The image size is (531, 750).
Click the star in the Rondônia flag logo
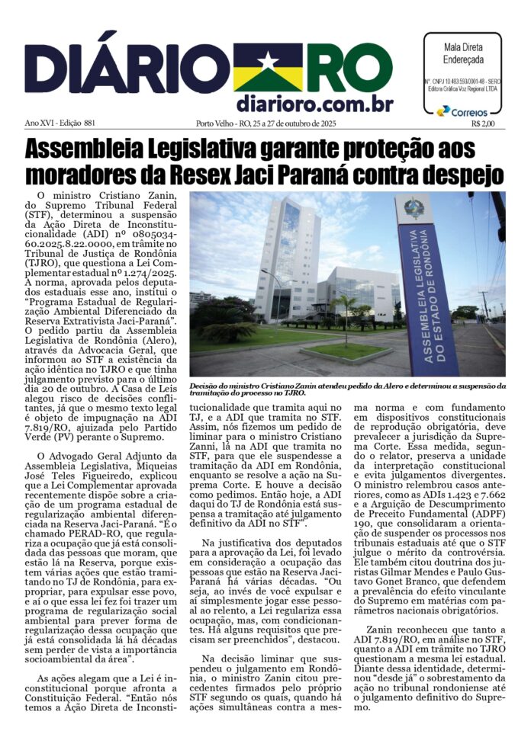[x=268, y=60]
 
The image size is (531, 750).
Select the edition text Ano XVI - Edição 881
[x=60, y=123]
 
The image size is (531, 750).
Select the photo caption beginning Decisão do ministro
[x=347, y=389]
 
